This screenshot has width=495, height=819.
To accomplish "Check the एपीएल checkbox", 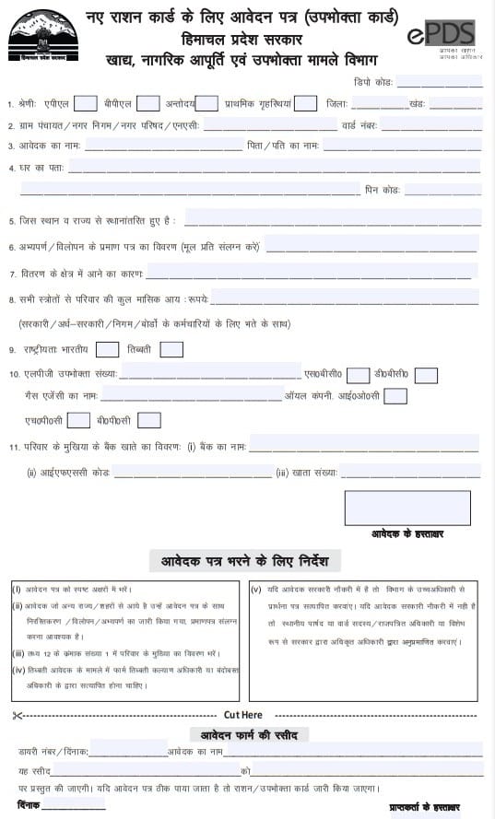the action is click(x=86, y=103).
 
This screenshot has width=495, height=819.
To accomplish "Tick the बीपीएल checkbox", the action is click(x=148, y=103).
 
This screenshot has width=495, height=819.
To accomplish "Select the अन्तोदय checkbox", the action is click(x=207, y=103).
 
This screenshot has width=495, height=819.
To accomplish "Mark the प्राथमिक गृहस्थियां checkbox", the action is click(x=306, y=103).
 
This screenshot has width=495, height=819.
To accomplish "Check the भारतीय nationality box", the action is click(x=108, y=349).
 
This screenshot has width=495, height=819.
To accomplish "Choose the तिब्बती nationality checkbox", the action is click(x=171, y=349).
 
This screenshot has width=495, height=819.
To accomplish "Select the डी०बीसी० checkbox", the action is click(x=426, y=375).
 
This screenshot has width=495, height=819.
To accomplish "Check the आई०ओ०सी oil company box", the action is click(x=395, y=396).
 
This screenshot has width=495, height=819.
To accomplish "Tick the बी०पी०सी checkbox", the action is click(x=148, y=420).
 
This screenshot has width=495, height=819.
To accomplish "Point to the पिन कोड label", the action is click(x=383, y=191).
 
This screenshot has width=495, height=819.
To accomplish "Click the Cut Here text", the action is click(x=243, y=715).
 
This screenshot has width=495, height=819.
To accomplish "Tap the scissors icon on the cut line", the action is click(x=17, y=715).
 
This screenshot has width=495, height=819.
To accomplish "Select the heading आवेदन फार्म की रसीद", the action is click(x=249, y=734).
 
